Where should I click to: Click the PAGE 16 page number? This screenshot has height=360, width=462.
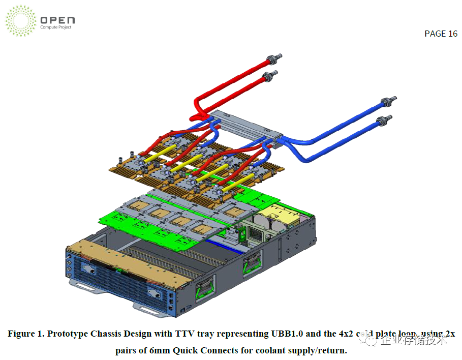[x=441, y=34]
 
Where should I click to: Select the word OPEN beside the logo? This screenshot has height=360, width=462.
[x=57, y=20]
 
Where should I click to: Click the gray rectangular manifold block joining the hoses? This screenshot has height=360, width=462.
[x=244, y=124]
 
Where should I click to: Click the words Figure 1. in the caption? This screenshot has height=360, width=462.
[x=26, y=334]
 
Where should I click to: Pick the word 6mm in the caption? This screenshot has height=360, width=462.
[x=159, y=350]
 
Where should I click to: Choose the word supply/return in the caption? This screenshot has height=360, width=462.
[x=316, y=350]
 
